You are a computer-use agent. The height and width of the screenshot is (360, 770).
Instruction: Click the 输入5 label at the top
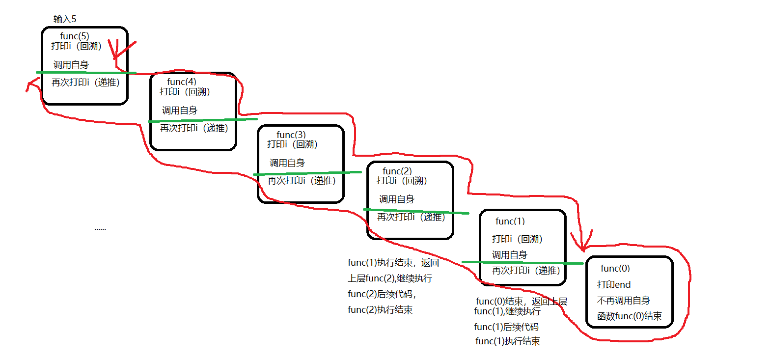click(x=65, y=19)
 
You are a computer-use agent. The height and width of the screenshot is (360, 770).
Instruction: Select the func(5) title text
click(x=75, y=36)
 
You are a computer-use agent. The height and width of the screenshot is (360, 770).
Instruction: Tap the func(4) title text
click(x=182, y=82)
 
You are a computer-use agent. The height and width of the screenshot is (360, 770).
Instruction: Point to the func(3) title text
click(x=291, y=135)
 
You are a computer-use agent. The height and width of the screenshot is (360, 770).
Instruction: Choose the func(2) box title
click(x=397, y=171)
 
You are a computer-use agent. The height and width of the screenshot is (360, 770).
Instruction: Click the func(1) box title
click(x=510, y=221)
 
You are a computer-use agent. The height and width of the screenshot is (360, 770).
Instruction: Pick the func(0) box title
click(x=615, y=268)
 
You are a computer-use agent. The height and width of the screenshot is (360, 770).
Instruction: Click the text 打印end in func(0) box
click(x=614, y=284)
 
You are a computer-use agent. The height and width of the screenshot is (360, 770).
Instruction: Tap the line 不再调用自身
click(x=624, y=301)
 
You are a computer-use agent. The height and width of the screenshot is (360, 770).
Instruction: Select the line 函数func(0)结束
click(x=630, y=316)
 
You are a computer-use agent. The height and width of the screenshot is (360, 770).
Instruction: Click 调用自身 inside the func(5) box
click(x=71, y=64)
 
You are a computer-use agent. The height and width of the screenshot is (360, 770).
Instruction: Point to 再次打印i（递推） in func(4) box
click(x=194, y=128)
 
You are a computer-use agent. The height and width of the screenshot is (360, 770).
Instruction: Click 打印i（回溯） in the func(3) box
click(x=292, y=144)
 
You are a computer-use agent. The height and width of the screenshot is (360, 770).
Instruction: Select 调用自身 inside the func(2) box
click(x=397, y=199)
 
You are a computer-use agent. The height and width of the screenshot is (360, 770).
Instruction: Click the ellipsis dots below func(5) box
click(x=100, y=229)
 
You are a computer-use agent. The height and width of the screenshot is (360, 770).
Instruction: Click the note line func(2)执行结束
click(x=380, y=309)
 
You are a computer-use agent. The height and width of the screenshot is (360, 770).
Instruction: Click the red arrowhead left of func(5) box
click(x=29, y=87)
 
